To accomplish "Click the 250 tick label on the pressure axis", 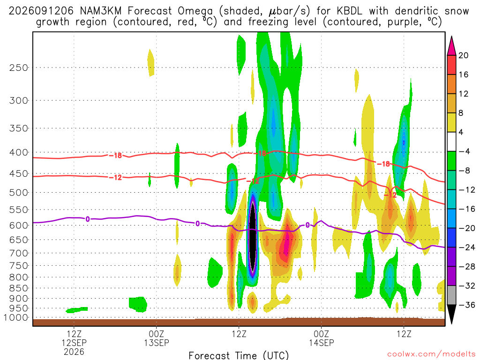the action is click(18, 67).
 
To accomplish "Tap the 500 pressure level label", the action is click(18, 193).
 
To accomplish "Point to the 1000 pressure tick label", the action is click(16, 318).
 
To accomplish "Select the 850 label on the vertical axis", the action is click(18, 288).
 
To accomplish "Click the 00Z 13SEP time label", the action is click(157, 338).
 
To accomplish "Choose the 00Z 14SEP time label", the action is click(322, 338).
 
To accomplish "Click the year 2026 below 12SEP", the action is click(74, 352).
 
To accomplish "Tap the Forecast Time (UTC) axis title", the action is click(239, 355).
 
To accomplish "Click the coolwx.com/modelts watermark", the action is click(431, 354).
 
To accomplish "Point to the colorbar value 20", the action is click(464, 55).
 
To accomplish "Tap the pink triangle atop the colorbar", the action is click(451, 46).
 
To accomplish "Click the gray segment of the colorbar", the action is click(451, 295).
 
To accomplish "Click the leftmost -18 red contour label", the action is click(116, 156).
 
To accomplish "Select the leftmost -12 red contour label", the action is click(116, 178).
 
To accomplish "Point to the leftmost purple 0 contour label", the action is click(88, 219).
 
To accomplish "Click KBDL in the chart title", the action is click(350, 11).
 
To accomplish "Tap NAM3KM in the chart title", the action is click(101, 11).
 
